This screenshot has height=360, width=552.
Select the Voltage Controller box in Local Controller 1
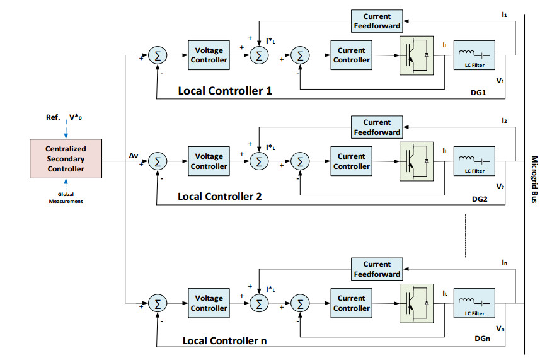[x=209, y=55]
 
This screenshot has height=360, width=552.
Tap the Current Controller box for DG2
[x=351, y=161]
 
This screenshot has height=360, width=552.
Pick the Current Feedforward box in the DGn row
[x=377, y=269]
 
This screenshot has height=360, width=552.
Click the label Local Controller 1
[x=225, y=91]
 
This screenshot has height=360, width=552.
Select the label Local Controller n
[x=224, y=340]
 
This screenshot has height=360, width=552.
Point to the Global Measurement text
[x=65, y=197]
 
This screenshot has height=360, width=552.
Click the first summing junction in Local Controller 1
[x=158, y=55]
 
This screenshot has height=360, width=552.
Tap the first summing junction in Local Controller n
[x=158, y=303]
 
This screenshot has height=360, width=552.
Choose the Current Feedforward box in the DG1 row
[x=377, y=21]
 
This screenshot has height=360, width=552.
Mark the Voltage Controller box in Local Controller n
[x=209, y=303]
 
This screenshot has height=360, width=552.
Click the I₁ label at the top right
[x=505, y=13]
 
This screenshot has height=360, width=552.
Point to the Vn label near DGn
[x=500, y=328]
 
